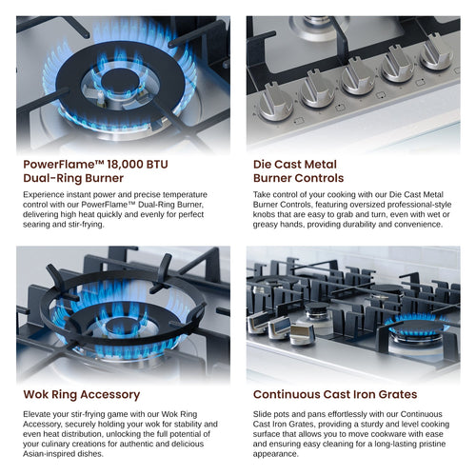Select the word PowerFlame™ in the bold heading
[x=62, y=164]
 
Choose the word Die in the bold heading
[x=264, y=164]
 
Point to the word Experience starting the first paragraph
[x=47, y=193]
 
